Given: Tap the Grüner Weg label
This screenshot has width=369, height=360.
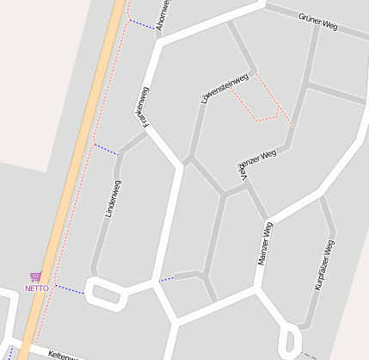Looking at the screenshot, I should (317, 22).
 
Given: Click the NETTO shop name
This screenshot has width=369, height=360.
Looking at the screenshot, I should (37, 289).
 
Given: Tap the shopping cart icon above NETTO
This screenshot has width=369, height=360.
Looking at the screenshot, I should (35, 276).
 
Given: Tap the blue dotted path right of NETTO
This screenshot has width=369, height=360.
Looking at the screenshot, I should (70, 289).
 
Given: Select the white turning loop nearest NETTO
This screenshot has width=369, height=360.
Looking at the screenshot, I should (104, 293).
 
